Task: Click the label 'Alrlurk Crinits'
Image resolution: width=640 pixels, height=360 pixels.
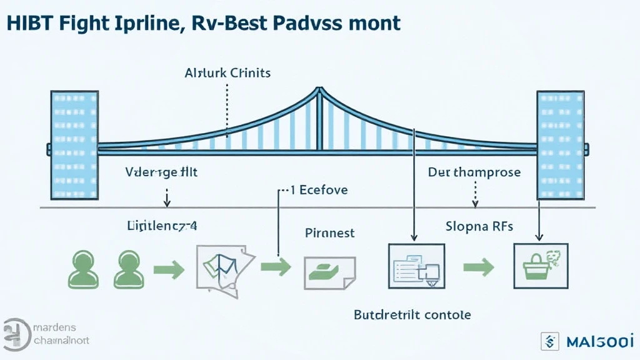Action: pyautogui.click(x=227, y=72)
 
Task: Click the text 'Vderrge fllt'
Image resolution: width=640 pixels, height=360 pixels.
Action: pyautogui.click(x=161, y=172)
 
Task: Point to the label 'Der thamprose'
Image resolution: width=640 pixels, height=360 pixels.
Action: pyautogui.click(x=474, y=172)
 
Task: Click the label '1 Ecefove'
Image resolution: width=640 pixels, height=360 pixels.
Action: pyautogui.click(x=319, y=189)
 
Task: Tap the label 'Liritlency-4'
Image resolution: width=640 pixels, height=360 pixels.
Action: pyautogui.click(x=162, y=226)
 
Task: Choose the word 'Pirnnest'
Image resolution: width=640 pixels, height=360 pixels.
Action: pyautogui.click(x=329, y=233)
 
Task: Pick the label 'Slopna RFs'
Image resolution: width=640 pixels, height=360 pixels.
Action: pyautogui.click(x=479, y=226)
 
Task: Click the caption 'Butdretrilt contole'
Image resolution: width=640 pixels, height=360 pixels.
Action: pyautogui.click(x=412, y=314)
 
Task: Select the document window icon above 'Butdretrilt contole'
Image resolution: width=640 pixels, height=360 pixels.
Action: pyautogui.click(x=416, y=265)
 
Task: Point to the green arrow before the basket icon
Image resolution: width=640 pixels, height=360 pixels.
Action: pyautogui.click(x=478, y=267)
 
